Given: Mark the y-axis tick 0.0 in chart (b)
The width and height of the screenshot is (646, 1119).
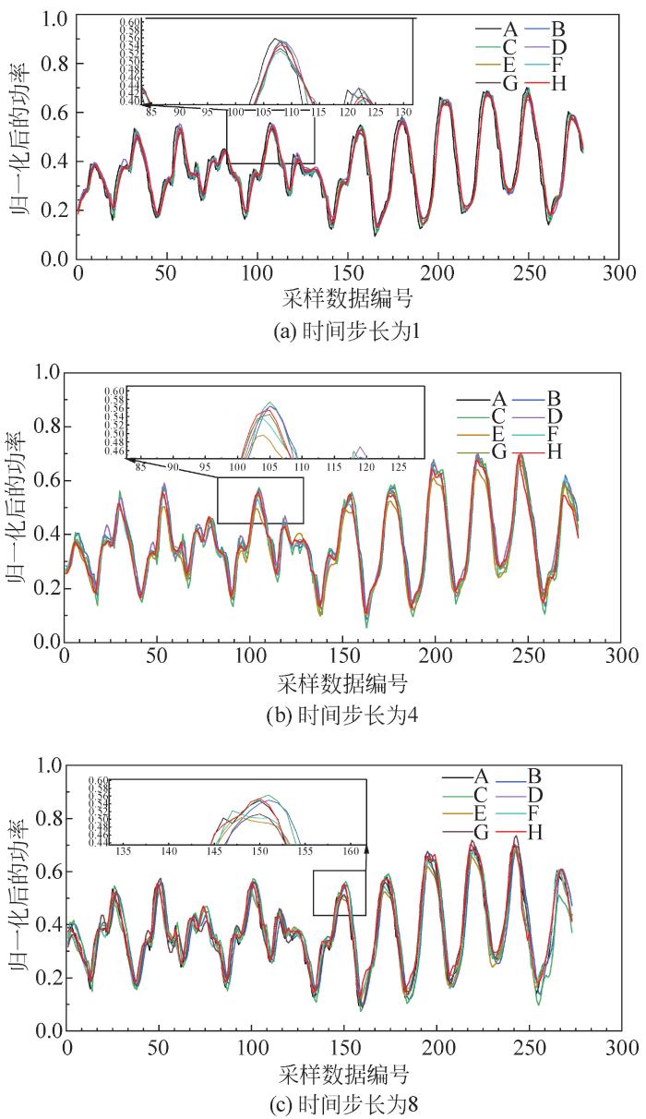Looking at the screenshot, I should point(43,640).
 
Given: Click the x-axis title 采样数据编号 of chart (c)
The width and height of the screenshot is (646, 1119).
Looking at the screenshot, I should point(345,1074).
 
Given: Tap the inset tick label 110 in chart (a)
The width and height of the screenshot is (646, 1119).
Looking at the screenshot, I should point(291,112).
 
